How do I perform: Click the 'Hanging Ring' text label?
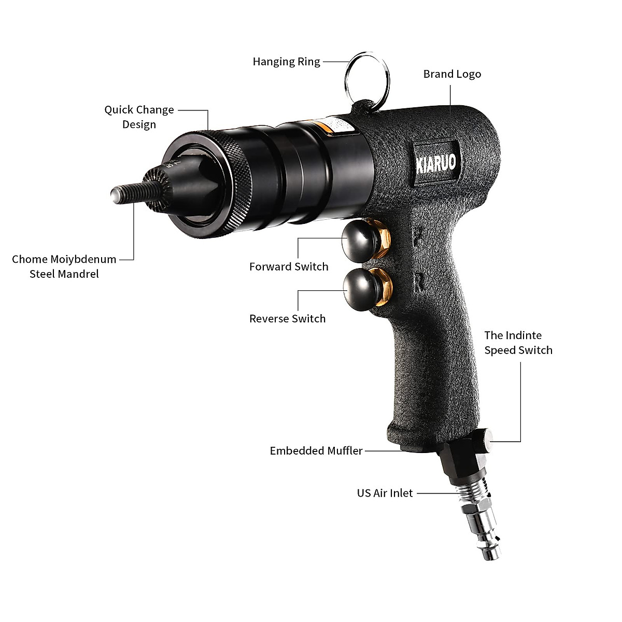[286, 62]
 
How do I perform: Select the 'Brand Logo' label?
[452, 74]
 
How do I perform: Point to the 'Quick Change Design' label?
[139, 117]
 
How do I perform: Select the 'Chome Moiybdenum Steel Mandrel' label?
[64, 266]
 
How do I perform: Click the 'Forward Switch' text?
[289, 267]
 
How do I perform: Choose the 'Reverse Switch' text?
[288, 319]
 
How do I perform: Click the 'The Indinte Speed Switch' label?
[518, 343]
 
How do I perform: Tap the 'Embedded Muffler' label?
[316, 451]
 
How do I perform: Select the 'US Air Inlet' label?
[385, 493]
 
